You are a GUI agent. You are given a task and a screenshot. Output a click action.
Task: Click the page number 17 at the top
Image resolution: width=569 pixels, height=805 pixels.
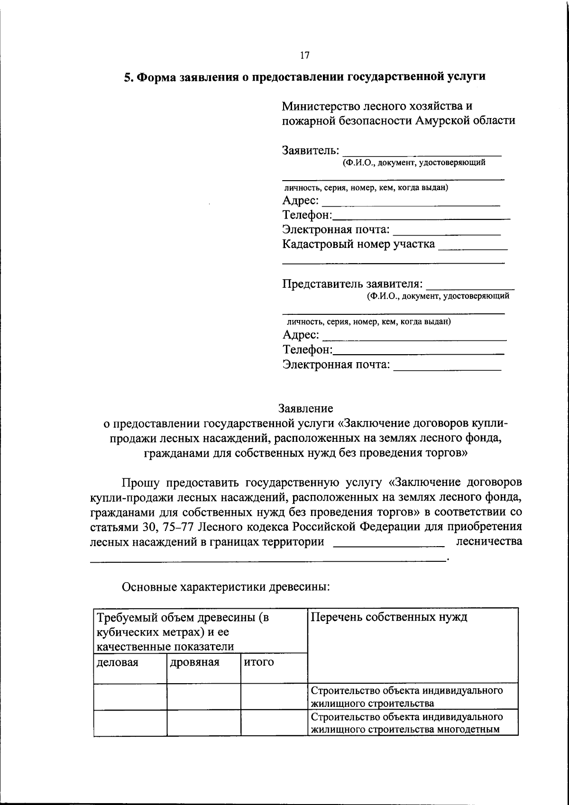(305, 55)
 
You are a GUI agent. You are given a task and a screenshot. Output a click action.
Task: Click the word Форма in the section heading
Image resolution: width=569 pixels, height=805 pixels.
(155, 77)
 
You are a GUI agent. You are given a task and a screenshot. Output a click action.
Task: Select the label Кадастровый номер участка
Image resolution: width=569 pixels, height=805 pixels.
(358, 244)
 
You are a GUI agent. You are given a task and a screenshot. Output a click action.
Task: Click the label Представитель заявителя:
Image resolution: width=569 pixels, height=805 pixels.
(352, 284)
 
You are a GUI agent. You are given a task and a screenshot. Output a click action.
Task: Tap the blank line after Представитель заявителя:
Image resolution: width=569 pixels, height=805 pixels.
(470, 285)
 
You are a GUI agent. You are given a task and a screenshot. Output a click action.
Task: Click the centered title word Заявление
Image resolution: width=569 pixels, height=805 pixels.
(305, 408)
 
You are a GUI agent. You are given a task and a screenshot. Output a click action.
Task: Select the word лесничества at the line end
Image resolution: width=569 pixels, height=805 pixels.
(489, 541)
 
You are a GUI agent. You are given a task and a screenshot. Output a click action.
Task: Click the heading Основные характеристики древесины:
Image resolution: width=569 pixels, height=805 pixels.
(226, 587)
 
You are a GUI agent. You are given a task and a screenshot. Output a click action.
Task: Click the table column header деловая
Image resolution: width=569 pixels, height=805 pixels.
(117, 662)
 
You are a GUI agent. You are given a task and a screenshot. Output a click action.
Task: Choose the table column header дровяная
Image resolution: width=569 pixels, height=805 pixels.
(194, 662)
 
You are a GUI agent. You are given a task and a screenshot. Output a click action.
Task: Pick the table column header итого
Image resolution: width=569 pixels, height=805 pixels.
(259, 662)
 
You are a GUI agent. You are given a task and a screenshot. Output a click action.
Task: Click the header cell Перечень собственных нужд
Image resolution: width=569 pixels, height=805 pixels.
(389, 617)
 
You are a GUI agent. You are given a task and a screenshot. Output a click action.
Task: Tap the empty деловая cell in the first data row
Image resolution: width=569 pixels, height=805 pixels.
(130, 697)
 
